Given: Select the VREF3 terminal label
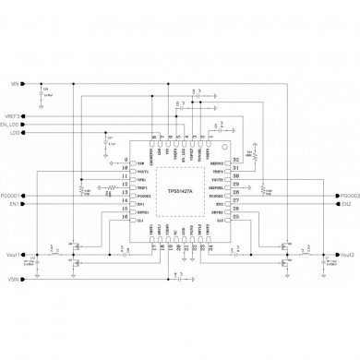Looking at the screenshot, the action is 13,115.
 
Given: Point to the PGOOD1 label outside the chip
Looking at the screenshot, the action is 14,196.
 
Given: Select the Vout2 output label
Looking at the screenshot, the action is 346,254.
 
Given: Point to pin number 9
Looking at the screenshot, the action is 125,160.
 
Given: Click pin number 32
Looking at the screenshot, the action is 236,160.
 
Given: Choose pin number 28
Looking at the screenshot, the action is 236,195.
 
